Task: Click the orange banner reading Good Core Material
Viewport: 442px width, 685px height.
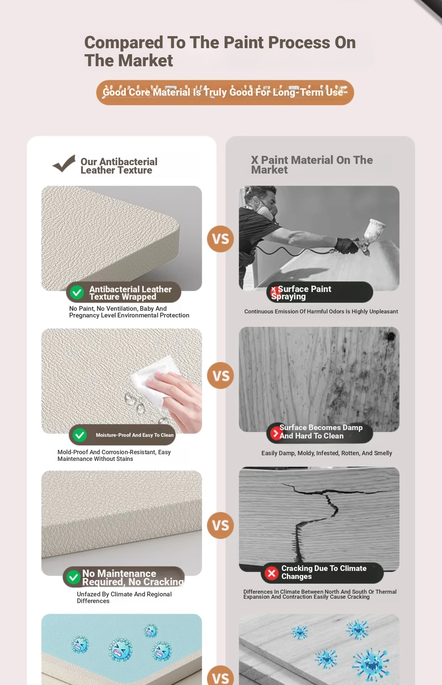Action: (225, 92)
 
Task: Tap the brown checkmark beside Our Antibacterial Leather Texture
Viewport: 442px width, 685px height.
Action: (64, 164)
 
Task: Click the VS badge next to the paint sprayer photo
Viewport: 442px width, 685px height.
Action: (220, 239)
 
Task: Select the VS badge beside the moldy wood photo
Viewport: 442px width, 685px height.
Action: (220, 376)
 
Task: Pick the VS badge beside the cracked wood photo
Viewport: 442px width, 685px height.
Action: (220, 525)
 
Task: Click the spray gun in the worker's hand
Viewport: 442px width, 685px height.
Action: (363, 238)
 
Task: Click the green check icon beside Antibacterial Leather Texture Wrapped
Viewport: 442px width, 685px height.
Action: (77, 293)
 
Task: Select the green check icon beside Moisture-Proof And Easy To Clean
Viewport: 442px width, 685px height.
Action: (80, 435)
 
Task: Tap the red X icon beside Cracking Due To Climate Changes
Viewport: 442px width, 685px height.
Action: (271, 573)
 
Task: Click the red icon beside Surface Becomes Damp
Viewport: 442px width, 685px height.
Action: (276, 433)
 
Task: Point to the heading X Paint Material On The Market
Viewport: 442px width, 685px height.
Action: (312, 165)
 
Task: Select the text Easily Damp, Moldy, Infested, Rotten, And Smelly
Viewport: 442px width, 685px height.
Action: (327, 453)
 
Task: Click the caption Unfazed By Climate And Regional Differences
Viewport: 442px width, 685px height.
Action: (124, 597)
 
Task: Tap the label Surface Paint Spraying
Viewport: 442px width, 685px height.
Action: (301, 293)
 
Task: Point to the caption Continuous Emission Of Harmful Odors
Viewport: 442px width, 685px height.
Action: (321, 311)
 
